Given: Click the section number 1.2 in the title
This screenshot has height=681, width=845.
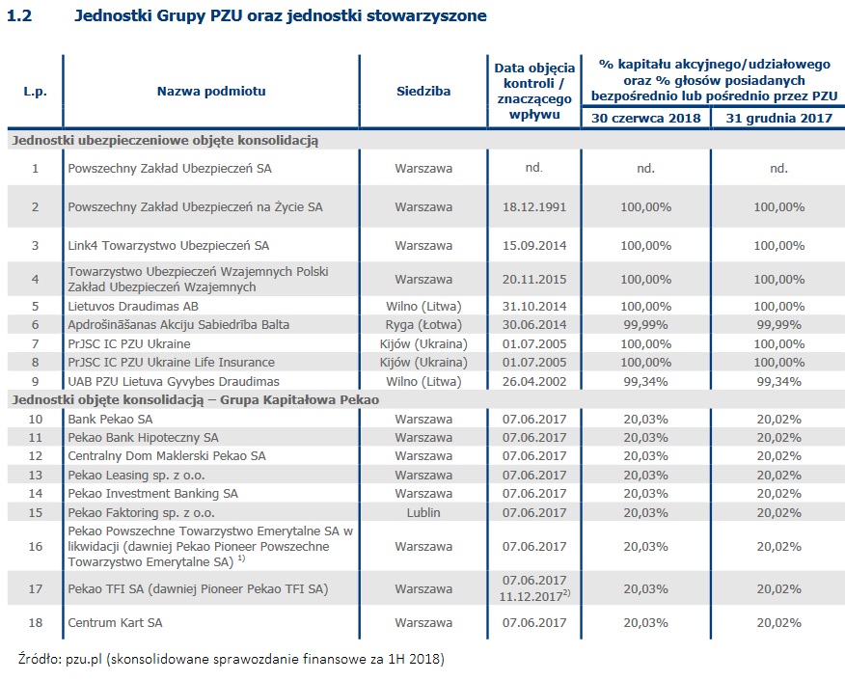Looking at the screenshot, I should pyautogui.click(x=19, y=16).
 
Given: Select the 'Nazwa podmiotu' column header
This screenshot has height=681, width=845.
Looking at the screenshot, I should pyautogui.click(x=211, y=92).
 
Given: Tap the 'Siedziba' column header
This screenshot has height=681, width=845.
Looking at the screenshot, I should pyautogui.click(x=422, y=92).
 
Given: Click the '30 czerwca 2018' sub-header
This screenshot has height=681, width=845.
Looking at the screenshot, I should pyautogui.click(x=645, y=118).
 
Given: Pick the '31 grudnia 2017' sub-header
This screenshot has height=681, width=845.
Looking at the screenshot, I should pyautogui.click(x=778, y=118).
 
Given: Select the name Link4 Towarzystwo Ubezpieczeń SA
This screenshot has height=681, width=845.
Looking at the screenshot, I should pyautogui.click(x=169, y=246).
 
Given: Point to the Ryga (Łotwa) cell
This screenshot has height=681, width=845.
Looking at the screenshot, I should pyautogui.click(x=423, y=324).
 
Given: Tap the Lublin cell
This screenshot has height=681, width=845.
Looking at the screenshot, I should pyautogui.click(x=423, y=512).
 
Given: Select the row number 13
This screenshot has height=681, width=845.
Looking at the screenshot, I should pyautogui.click(x=35, y=475).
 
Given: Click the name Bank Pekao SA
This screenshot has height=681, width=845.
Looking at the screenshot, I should pyautogui.click(x=111, y=419).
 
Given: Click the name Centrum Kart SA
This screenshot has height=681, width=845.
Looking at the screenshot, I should pyautogui.click(x=116, y=622).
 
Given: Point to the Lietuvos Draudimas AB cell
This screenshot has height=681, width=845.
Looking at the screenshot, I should pyautogui.click(x=133, y=305).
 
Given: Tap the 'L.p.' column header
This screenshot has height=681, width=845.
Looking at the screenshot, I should pyautogui.click(x=35, y=92).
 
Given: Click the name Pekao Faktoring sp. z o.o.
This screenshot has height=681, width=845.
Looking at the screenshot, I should pyautogui.click(x=142, y=512).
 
